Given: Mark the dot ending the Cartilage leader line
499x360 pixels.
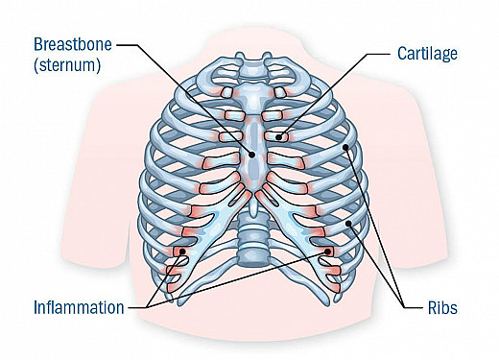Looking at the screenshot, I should pos(279,138).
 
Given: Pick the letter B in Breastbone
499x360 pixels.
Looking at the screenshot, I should pos(37,45).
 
